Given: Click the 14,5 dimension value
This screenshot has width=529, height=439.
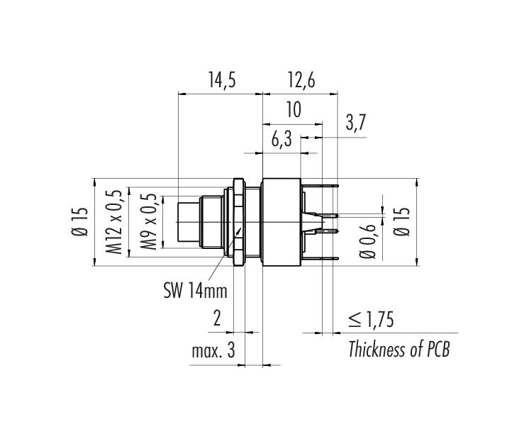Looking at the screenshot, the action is tap(221, 81).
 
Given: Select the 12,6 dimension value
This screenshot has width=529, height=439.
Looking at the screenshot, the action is tap(301, 81).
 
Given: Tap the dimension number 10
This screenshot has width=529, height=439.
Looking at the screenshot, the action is tap(294, 110).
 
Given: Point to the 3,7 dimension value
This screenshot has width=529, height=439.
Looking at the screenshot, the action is tap(355, 123).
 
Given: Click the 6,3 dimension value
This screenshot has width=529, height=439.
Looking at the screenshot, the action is tap(282, 140).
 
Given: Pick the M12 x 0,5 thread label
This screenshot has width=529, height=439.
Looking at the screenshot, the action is tap(113, 222).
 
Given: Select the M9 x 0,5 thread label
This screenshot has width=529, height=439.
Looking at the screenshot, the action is tap(149, 222).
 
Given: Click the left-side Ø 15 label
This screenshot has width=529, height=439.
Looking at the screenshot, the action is tap(79, 222).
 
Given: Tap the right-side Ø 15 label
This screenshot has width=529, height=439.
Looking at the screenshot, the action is tap(402, 221).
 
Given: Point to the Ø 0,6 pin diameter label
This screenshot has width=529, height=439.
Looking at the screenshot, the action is tap(367, 241).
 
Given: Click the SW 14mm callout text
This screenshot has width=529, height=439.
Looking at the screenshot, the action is tap(196, 291).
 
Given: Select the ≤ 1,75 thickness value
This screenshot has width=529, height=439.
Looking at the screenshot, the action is tap(371, 319).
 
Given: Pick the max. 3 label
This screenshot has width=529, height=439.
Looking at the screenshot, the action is tap(213, 351).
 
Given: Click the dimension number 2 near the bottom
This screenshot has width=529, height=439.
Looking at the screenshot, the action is tap(217, 318).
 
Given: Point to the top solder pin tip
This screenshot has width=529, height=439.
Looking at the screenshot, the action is tap(338, 185).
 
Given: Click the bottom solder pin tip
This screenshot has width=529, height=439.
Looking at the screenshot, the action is tap(338, 258).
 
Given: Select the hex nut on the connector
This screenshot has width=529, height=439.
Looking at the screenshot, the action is tap(238, 222).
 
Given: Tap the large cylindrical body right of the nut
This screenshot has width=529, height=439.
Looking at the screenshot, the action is tap(282, 222).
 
